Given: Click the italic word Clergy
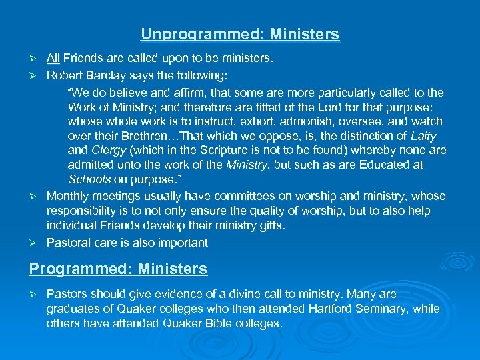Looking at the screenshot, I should [109, 151].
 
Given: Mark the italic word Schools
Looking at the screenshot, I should [89, 179].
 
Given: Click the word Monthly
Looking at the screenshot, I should [67, 196].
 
